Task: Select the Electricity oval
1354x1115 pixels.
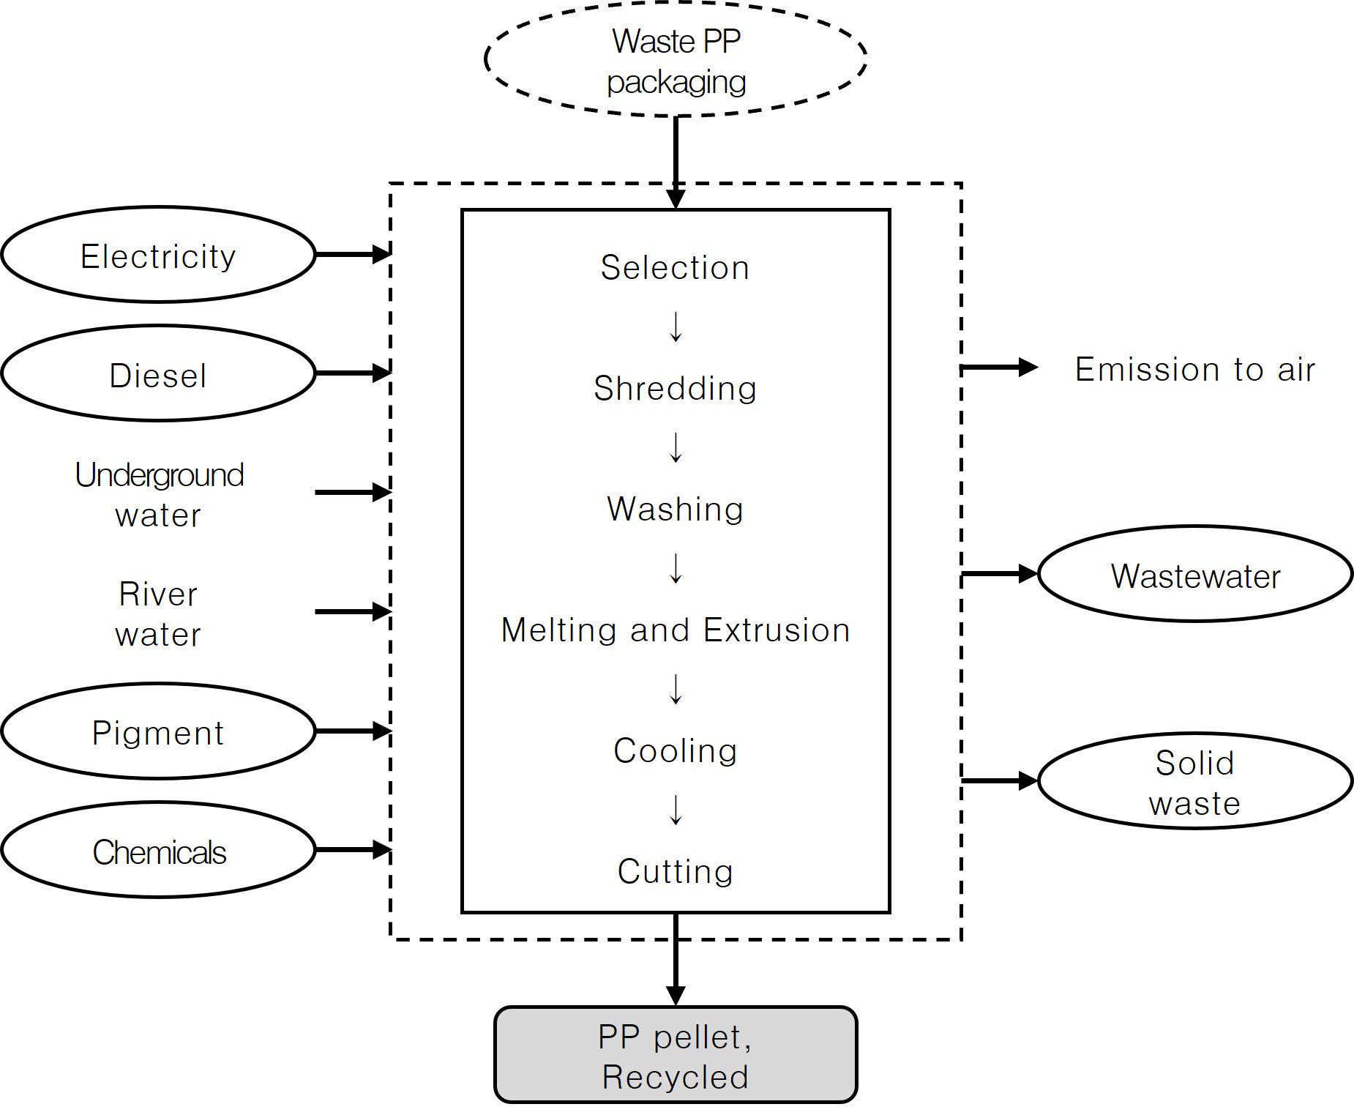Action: (x=158, y=256)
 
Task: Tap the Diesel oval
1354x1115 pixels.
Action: (x=158, y=374)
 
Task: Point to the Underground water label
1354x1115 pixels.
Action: (x=159, y=494)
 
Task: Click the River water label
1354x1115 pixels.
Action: (x=158, y=614)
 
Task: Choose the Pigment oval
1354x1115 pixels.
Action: (x=158, y=732)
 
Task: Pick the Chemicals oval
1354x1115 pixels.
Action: (x=158, y=851)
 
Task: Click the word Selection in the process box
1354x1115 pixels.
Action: (x=675, y=267)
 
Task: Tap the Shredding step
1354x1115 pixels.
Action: (x=675, y=388)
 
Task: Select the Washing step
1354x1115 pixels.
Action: (x=675, y=509)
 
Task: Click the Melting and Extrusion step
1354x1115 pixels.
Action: (x=675, y=630)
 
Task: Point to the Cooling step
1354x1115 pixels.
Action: (x=675, y=750)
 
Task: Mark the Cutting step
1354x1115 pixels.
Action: (x=675, y=871)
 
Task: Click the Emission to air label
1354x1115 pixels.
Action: (x=1194, y=369)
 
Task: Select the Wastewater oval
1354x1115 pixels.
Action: (x=1195, y=575)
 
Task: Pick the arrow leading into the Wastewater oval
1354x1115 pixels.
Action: (x=999, y=574)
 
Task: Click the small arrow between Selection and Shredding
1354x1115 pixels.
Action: (x=676, y=327)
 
